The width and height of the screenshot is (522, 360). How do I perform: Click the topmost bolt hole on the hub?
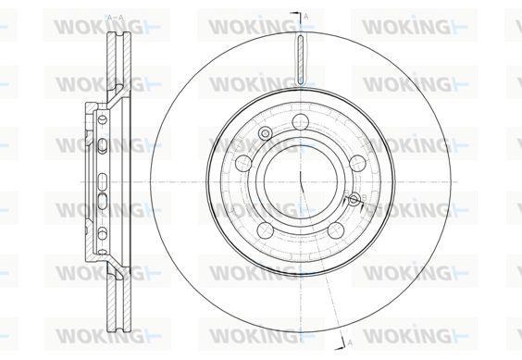pyautogui.click(x=301, y=121)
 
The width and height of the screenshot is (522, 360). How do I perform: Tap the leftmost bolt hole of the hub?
pyautogui.click(x=243, y=163)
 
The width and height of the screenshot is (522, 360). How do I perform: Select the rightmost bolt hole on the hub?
pyautogui.click(x=358, y=163)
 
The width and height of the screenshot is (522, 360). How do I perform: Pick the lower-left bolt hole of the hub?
pyautogui.click(x=266, y=230)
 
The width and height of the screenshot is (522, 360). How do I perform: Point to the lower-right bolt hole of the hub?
pyautogui.click(x=336, y=230)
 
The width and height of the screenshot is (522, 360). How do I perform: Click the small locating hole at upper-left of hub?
pyautogui.click(x=266, y=133)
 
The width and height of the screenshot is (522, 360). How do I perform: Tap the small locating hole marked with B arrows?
pyautogui.click(x=354, y=199)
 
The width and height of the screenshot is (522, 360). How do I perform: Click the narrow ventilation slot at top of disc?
pyautogui.click(x=300, y=59)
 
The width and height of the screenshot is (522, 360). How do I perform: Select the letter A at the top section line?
pyautogui.click(x=306, y=16)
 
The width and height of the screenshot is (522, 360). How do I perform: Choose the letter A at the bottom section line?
pyautogui.click(x=350, y=341)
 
